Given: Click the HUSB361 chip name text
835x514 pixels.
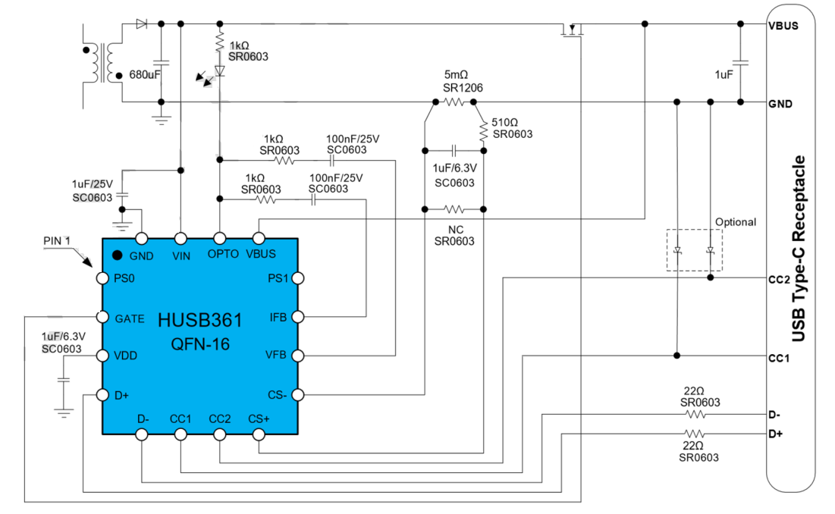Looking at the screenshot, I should click(x=200, y=320).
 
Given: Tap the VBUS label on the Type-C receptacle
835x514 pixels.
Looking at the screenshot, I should click(x=783, y=25).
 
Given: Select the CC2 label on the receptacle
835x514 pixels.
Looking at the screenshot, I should click(x=780, y=278).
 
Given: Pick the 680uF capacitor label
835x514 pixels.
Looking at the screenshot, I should click(x=145, y=75).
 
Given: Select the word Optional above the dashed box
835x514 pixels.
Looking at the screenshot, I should click(x=735, y=222).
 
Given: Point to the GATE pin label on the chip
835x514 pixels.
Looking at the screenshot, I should click(x=129, y=318).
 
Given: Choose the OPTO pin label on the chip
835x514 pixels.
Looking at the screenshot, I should click(x=223, y=255).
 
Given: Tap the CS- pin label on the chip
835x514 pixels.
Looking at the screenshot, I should click(x=278, y=394).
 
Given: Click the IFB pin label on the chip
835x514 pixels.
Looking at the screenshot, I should click(x=278, y=318).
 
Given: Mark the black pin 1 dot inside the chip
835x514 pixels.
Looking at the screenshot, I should click(x=118, y=255).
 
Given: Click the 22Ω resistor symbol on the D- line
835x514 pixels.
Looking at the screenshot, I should click(x=695, y=415).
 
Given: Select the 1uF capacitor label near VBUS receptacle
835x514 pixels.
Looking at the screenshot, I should click(x=724, y=75).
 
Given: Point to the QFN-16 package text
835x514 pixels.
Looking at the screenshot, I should click(x=200, y=345).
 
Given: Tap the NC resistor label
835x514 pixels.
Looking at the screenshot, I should click(x=454, y=228).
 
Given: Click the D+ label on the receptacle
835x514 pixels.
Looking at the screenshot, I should click(x=776, y=434).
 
